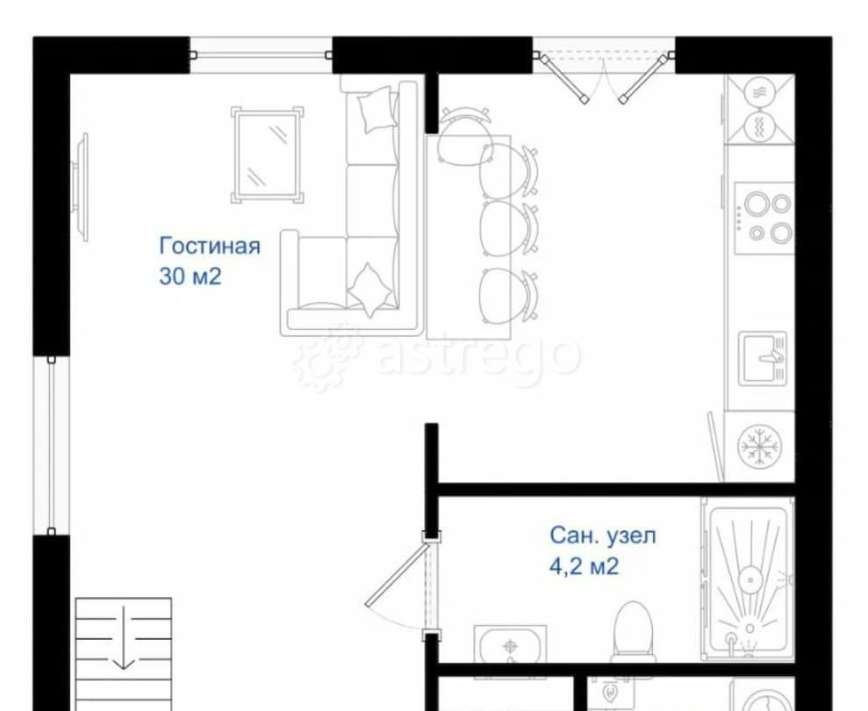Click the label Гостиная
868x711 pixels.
pos(210,246)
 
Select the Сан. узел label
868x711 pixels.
pos(602,535)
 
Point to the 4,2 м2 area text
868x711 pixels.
pos(584,566)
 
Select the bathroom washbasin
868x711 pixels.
pos(510,646)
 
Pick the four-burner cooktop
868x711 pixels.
pos(763,217)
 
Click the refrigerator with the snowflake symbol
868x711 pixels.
pos(758,447)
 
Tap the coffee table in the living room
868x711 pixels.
pos(268,154)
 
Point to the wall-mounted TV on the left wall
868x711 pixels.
pos(82,186)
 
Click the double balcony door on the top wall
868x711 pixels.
pos(604,71)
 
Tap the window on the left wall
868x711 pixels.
pos(52,444)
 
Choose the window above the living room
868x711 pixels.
pos(261,54)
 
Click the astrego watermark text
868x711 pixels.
pos(479,355)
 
